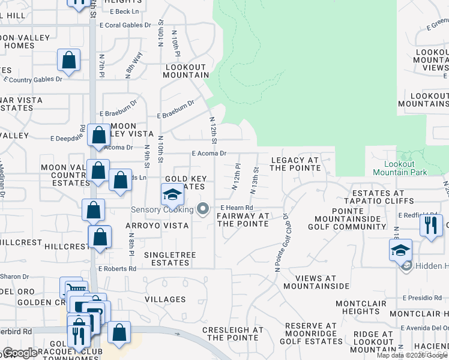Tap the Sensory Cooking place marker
203,209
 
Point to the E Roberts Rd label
117,269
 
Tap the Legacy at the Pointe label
295,164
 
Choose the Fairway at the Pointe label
243,220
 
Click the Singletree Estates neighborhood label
166,259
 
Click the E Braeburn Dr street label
176,109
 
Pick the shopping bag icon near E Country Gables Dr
69,60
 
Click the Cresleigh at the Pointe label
233,334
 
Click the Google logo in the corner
20,353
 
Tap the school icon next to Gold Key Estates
172,195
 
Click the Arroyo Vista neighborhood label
157,226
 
